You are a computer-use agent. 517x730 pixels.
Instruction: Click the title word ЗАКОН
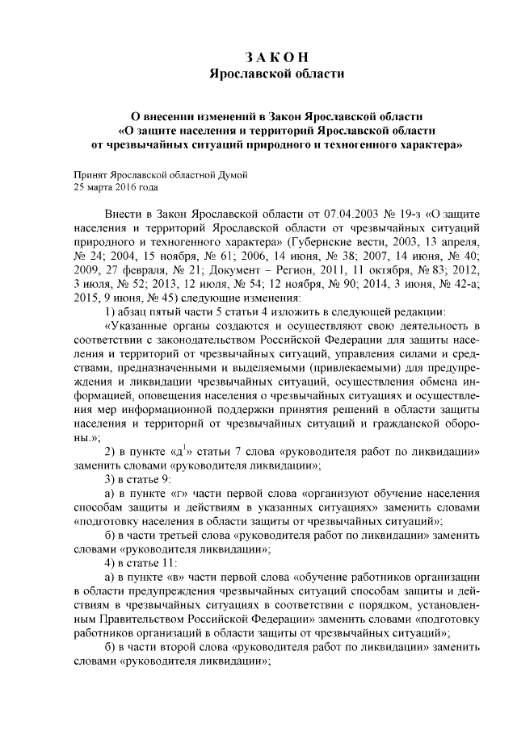pyautogui.click(x=276, y=56)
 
